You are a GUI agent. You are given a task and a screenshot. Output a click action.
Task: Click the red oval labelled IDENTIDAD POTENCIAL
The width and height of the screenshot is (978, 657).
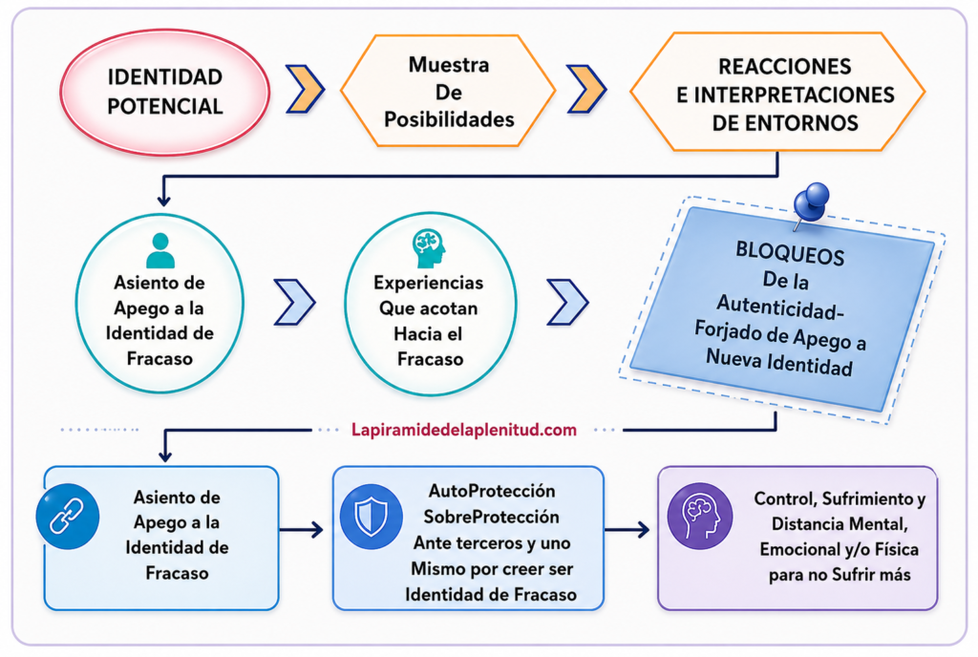164,92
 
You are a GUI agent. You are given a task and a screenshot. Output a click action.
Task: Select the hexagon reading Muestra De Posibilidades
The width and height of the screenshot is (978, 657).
448,91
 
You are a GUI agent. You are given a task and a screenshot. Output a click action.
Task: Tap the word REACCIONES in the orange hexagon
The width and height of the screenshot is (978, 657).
785,66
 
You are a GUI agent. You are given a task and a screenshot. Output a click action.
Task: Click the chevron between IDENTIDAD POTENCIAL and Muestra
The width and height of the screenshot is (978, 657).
305,89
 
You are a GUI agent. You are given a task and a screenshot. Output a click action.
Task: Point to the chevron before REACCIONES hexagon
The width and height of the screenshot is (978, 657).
586,89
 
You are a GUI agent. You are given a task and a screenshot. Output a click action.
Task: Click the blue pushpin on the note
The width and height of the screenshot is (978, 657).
811,203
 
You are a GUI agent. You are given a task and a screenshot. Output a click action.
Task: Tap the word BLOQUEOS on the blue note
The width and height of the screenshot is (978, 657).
790,253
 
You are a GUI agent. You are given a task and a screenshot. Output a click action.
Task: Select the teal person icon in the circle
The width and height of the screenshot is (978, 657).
160,250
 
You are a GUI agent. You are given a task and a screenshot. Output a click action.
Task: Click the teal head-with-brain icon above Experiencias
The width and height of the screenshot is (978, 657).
429,248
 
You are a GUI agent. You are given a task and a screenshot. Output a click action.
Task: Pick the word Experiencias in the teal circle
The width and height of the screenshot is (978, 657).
429,283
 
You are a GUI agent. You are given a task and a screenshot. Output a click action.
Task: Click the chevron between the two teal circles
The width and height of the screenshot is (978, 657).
294,303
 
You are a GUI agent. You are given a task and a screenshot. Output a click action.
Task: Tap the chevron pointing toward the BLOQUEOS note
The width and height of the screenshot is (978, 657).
567,303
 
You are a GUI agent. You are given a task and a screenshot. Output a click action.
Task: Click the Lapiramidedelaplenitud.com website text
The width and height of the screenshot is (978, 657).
464,430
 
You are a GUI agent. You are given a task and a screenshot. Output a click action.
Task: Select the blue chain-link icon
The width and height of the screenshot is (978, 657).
68,516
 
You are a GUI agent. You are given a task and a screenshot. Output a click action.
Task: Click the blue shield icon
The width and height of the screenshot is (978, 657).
372,517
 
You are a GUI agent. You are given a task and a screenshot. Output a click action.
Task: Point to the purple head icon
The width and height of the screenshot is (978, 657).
700,516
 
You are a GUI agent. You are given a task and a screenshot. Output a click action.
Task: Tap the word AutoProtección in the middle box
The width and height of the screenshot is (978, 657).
492,491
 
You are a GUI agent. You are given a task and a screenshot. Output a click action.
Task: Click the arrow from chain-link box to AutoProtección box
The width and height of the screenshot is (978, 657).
301,530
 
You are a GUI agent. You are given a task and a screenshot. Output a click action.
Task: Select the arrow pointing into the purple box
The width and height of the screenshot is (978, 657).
627,530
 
